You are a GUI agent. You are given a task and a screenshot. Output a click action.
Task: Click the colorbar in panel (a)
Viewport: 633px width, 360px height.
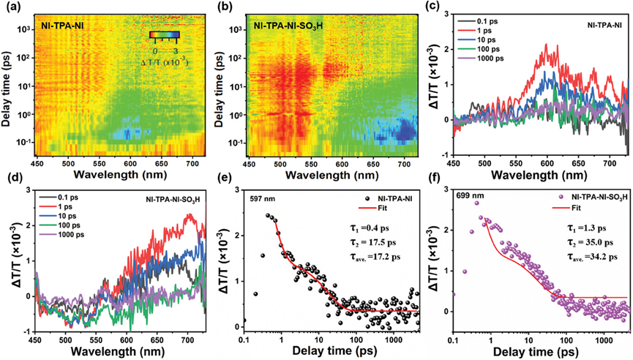click(165, 34)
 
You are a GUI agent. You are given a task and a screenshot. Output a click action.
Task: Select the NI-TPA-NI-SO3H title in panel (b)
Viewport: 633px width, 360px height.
click(288, 26)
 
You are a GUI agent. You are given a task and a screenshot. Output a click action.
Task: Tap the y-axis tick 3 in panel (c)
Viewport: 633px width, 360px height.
click(446, 14)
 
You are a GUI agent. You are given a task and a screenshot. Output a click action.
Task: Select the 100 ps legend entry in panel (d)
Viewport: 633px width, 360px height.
click(60, 225)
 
